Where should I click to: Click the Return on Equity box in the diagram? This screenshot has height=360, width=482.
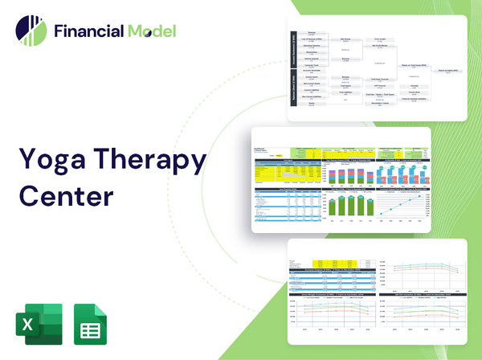[x=449, y=71]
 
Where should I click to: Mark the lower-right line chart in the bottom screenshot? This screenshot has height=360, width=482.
[x=419, y=318]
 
